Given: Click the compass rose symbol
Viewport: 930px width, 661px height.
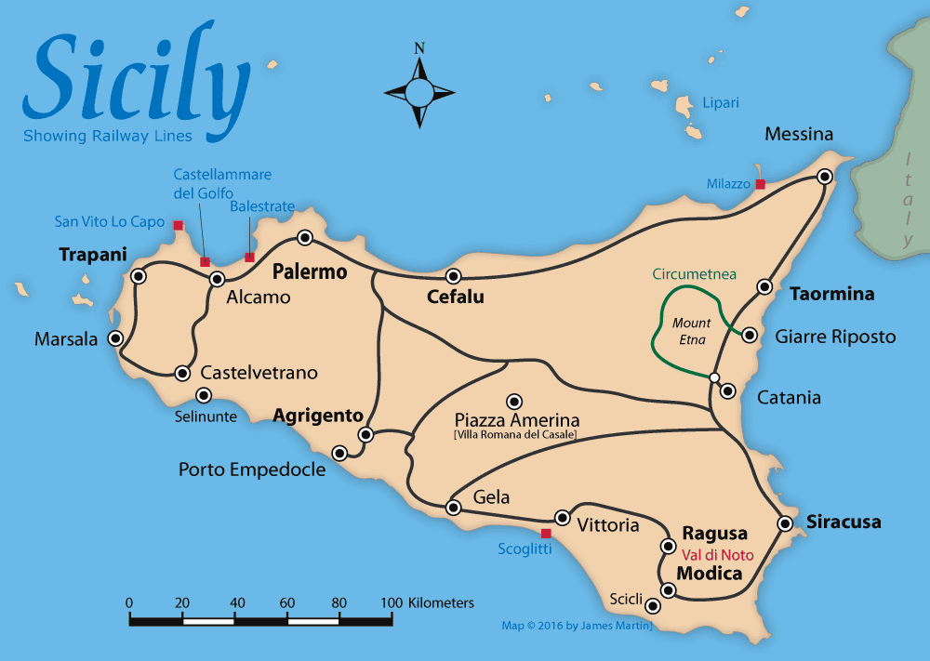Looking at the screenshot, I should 419,91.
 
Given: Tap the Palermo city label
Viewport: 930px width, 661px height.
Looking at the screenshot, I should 309,272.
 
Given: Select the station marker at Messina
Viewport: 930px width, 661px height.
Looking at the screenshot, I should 824,176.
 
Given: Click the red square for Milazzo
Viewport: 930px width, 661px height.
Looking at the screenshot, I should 760,184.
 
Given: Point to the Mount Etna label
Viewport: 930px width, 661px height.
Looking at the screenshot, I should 691,331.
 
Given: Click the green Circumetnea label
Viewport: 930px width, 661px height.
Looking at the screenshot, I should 694,274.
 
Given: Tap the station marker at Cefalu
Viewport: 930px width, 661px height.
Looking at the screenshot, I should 454,276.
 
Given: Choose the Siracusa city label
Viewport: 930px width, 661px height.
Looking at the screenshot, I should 843,522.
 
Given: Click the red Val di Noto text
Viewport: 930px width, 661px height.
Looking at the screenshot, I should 717,555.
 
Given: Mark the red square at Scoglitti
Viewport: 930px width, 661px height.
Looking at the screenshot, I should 546,534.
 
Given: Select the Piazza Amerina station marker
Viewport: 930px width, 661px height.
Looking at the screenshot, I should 513,402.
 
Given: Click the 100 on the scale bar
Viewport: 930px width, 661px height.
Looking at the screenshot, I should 391,602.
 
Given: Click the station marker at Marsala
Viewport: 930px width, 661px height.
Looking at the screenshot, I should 116,338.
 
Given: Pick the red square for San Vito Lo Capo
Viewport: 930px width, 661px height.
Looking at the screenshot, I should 179,225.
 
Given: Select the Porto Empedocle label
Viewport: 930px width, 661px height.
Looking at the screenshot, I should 252,469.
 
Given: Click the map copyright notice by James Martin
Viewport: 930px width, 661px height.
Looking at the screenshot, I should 577,626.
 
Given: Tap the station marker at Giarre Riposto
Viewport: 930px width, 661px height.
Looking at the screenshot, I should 749,334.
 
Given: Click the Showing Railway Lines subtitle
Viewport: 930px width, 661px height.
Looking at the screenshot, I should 108,137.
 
